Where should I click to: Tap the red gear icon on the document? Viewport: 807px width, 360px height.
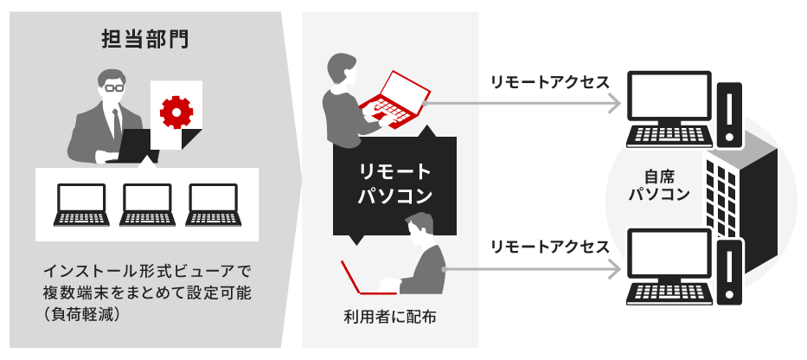pos(176,111)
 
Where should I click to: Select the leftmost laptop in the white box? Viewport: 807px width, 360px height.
pos(80,205)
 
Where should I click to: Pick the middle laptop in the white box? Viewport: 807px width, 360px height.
pos(146,205)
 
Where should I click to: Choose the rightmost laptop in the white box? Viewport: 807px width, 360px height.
pos(212,205)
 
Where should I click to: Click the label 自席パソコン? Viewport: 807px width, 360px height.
pos(659,183)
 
